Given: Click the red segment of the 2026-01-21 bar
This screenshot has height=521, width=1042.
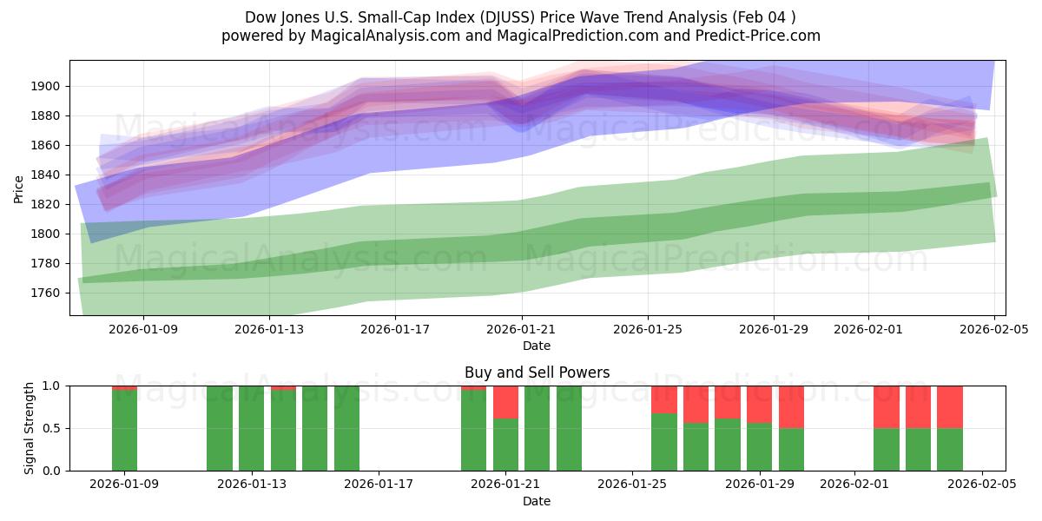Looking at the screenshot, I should coord(505,402).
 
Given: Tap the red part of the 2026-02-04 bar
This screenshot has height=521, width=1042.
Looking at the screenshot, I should coord(949,406).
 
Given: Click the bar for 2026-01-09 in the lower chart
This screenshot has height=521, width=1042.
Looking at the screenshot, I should coord(124,430).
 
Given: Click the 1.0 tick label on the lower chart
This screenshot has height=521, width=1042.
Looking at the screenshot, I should coord(50,386).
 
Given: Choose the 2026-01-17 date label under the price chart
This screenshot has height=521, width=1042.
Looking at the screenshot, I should coord(395,330).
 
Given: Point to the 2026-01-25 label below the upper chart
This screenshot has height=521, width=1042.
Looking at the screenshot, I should coord(647,330).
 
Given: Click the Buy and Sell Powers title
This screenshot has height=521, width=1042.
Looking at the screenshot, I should coord(537,373).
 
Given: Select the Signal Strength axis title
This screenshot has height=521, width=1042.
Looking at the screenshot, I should coord(30,428).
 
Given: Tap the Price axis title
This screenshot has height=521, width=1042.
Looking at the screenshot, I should coord(19,188).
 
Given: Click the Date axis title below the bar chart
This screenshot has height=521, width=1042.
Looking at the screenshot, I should coord(537,501).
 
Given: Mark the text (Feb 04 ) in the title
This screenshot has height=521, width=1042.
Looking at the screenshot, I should coord(765,17).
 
